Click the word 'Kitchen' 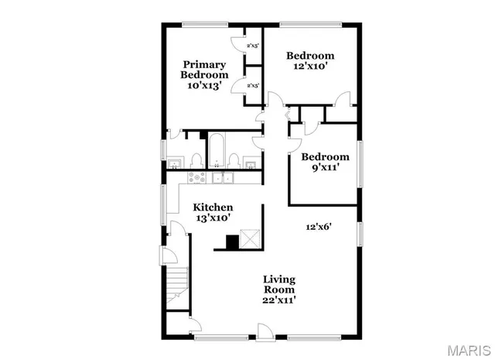(213, 207)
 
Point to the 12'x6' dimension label (318, 227)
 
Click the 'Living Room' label (279, 284)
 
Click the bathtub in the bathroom (217, 149)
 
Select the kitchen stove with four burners (196, 178)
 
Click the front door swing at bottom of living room (266, 330)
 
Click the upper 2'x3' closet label (252, 46)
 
